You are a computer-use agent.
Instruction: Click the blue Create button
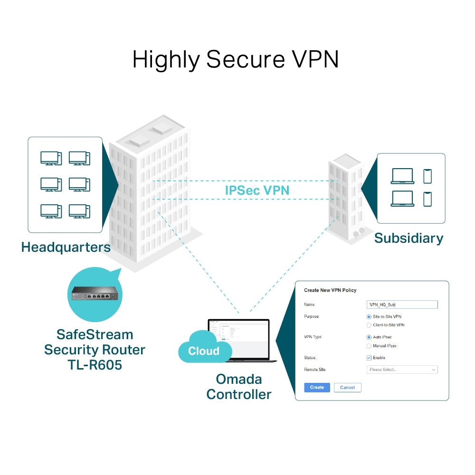(317, 387)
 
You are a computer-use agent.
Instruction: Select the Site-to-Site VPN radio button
(369, 316)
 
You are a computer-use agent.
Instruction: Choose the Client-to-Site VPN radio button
(369, 325)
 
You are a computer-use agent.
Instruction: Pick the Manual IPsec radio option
(369, 346)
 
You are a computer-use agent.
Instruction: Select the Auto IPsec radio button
(369, 337)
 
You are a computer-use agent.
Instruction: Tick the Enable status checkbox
(369, 358)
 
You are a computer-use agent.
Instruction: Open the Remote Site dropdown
(402, 370)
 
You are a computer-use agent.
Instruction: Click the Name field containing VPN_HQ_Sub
(402, 305)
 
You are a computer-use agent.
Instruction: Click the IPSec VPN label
(257, 190)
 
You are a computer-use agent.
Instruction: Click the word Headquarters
(66, 247)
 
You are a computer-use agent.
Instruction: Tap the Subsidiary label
(408, 238)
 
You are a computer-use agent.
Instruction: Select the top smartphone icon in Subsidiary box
(427, 176)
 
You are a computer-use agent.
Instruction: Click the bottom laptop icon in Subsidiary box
(402, 199)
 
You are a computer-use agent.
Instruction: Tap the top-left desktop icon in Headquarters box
(51, 158)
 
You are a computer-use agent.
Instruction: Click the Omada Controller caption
(238, 386)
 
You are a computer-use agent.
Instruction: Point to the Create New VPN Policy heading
(330, 290)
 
